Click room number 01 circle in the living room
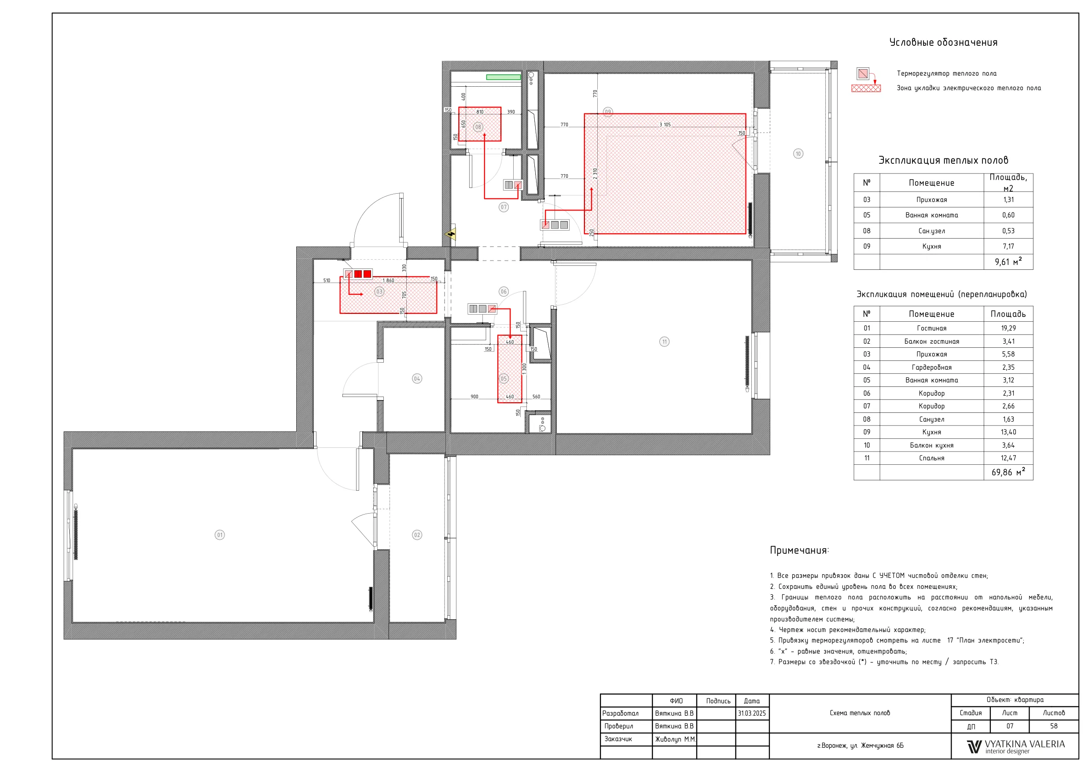click(220, 535)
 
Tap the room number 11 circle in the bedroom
click(665, 342)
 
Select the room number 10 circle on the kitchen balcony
click(798, 154)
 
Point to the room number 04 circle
click(417, 379)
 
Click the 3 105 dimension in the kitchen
click(665, 125)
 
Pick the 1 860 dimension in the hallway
click(388, 281)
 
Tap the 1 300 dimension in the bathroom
click(524, 369)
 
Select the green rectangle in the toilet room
click(503, 77)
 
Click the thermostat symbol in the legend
click(863, 74)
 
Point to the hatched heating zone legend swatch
click(866, 88)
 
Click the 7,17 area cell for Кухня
click(1008, 246)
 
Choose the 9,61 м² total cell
click(1008, 261)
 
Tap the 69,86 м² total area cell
click(1008, 472)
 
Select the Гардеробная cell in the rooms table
click(931, 367)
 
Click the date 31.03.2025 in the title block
click(752, 713)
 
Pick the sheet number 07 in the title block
click(1009, 726)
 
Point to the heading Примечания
click(799, 550)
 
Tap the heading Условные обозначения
click(943, 42)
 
